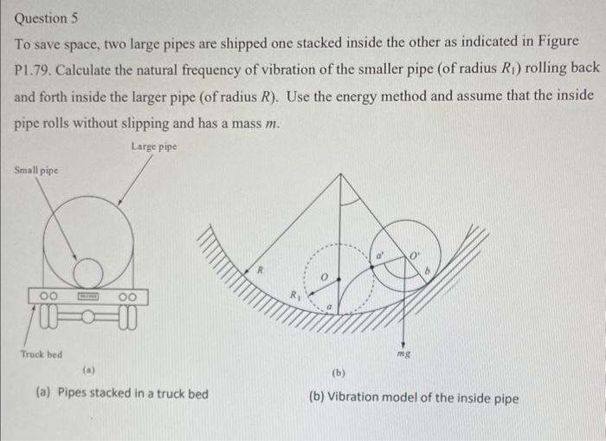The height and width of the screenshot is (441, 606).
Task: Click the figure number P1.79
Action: [x=38, y=68]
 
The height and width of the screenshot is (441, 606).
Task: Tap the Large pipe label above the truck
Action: [x=154, y=146]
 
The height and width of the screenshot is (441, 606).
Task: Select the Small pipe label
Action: [x=37, y=170]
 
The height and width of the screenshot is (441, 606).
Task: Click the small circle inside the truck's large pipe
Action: [x=87, y=275]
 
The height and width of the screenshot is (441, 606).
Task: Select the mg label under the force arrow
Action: [x=403, y=354]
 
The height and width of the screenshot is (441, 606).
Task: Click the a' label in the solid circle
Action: [x=378, y=256]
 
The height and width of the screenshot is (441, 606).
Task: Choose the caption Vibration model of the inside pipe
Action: [x=414, y=399]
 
